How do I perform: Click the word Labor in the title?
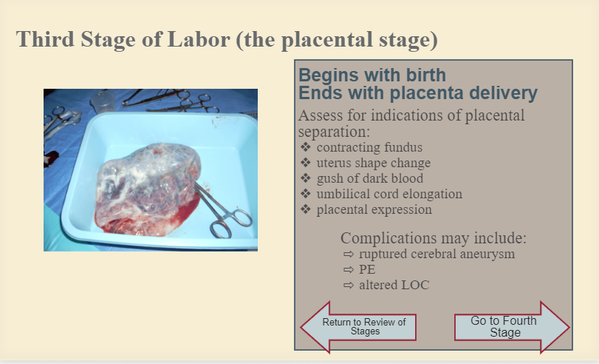click(199, 39)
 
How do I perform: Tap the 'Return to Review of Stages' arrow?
click(358, 327)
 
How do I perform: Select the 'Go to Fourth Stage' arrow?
click(512, 327)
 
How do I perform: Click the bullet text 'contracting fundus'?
click(369, 147)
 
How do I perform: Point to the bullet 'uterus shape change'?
click(373, 163)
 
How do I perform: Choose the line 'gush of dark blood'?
click(370, 178)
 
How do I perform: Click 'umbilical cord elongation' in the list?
click(389, 194)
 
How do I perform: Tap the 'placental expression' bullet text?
click(374, 210)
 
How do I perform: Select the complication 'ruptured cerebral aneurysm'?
click(437, 254)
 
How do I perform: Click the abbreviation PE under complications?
click(367, 269)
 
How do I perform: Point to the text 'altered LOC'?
click(394, 285)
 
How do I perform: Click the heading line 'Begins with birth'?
click(372, 75)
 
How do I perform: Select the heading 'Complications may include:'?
click(434, 238)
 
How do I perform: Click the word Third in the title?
click(45, 39)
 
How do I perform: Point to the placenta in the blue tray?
click(148, 189)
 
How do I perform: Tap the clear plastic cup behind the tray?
click(103, 102)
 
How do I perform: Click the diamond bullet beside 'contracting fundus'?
click(306, 147)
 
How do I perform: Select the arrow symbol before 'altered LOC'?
click(349, 285)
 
